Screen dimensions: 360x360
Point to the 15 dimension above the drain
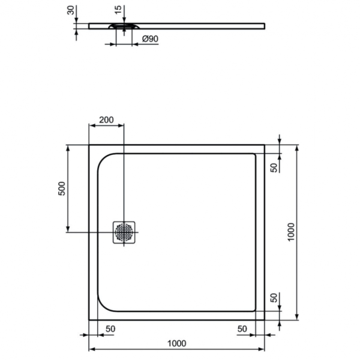coord(118,10)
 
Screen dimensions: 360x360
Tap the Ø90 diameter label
coord(150,39)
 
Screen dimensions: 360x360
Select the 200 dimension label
coord(106,119)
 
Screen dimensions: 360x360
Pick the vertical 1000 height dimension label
coord(290,232)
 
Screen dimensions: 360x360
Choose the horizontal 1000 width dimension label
coord(176,343)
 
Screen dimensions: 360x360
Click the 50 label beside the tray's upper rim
coord(273,167)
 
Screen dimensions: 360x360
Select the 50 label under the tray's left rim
coord(110,329)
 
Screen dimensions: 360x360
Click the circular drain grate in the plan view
coord(124,232)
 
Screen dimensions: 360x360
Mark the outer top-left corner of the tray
coord(89,145)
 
